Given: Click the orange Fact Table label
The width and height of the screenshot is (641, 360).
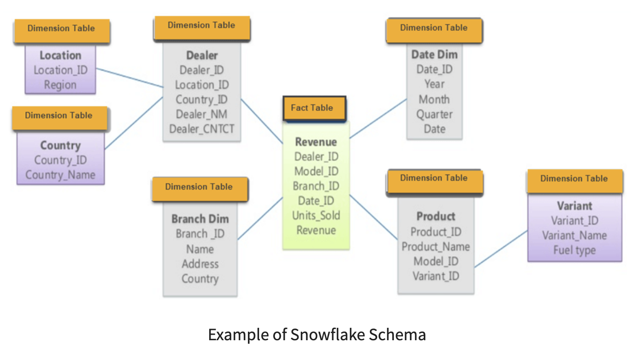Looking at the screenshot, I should [314, 108].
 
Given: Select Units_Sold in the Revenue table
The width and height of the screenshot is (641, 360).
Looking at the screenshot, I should [316, 215].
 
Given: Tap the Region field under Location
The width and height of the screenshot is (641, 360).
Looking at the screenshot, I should [60, 85].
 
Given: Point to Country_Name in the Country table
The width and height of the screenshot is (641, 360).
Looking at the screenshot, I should [60, 175].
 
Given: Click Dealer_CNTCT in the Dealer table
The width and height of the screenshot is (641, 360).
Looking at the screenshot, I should [201, 129].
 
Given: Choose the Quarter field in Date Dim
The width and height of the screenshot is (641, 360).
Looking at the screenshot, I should [434, 114].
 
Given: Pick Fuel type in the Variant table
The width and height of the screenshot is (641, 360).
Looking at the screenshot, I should [574, 250].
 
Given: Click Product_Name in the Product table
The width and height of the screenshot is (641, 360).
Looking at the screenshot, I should [436, 247].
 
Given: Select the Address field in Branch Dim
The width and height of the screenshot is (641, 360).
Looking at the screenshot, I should [200, 264].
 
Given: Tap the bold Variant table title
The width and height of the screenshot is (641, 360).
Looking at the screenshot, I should [574, 206].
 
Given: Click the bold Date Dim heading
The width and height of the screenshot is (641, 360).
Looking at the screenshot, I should [434, 55].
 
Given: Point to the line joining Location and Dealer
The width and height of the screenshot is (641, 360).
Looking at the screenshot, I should [129, 78].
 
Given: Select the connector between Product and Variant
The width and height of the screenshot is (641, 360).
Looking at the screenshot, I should [501, 249].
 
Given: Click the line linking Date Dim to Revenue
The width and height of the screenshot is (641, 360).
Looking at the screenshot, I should [378, 119].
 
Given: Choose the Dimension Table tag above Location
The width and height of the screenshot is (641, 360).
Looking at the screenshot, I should [61, 29].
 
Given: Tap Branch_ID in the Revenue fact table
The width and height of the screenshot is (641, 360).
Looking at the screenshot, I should [316, 186].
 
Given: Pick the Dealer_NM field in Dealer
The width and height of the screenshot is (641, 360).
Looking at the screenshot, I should [201, 114].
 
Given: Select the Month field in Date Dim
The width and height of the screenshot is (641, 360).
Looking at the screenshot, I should [434, 99].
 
